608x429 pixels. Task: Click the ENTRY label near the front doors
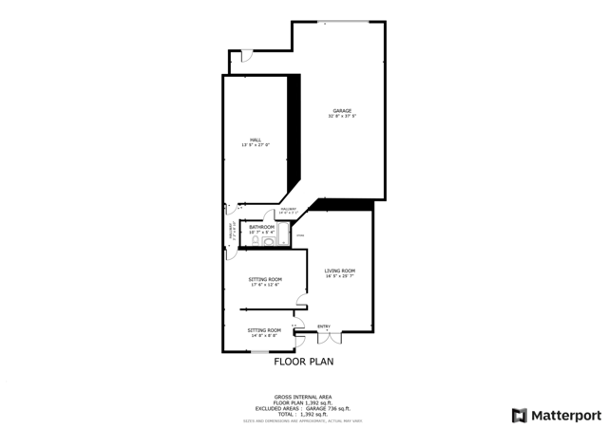coord(324,327)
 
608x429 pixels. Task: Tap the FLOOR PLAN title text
coord(304,362)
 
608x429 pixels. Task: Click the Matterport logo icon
coord(518,415)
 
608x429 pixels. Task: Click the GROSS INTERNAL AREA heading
coord(303,398)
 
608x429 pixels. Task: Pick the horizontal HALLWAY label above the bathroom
coord(289,211)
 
